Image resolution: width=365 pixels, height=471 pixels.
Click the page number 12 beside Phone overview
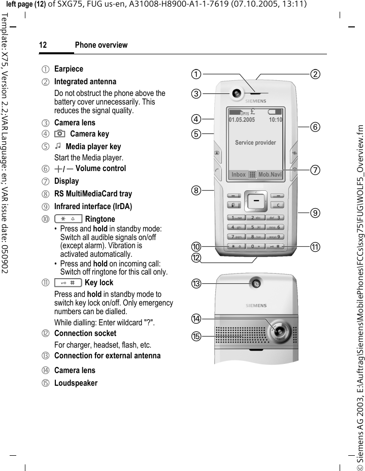click(43, 45)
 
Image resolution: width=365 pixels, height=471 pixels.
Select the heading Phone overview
click(101, 45)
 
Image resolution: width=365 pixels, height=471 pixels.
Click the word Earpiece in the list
click(69, 69)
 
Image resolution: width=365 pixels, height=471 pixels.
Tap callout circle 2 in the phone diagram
click(316, 74)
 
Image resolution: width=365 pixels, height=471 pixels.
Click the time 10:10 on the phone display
click(276, 120)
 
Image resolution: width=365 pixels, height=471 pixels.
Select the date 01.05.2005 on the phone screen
click(242, 120)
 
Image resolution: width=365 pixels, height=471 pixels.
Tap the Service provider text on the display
click(255, 143)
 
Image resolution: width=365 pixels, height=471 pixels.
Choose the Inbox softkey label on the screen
click(238, 175)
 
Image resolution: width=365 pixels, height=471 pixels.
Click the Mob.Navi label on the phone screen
click(270, 175)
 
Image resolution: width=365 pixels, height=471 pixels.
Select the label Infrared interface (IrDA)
click(93, 207)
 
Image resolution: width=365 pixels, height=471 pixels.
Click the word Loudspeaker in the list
click(76, 383)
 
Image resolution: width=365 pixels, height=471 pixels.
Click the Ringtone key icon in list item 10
click(68, 219)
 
